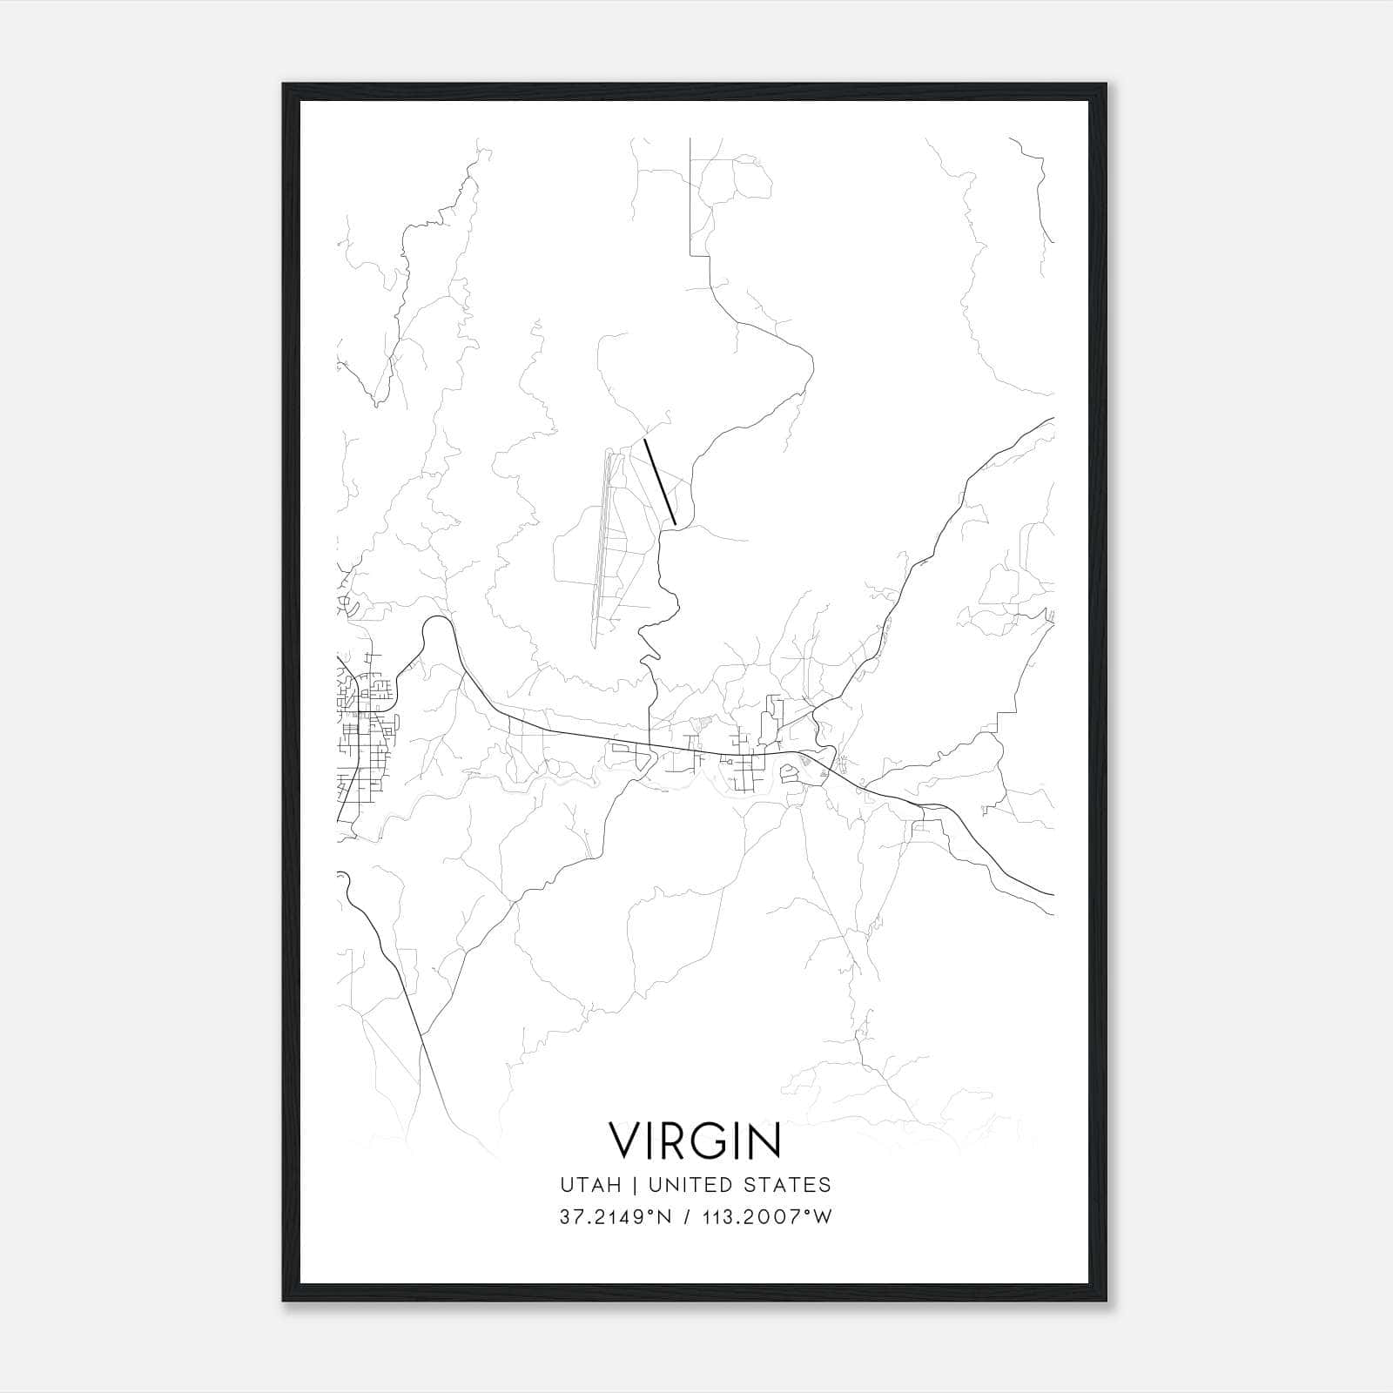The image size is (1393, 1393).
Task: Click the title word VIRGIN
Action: tap(695, 1141)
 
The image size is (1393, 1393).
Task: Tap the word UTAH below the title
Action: tap(590, 1185)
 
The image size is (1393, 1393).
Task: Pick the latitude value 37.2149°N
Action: tap(616, 1217)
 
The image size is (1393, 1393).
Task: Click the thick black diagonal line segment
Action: tap(660, 482)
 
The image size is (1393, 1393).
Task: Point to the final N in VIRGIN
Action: tap(764, 1141)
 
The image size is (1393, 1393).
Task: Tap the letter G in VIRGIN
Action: tap(704, 1141)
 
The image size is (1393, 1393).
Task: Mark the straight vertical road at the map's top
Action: tap(690, 196)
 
